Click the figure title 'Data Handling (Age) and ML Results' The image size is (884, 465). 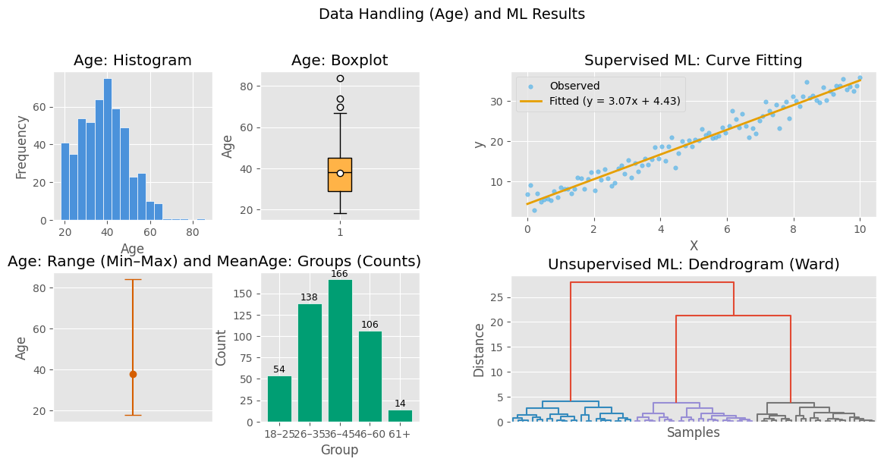[451, 14]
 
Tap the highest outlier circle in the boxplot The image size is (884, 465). [340, 78]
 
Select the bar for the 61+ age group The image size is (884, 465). [400, 416]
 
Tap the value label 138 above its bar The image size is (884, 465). [310, 297]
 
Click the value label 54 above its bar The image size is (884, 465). [279, 369]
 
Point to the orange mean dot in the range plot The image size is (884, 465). [133, 374]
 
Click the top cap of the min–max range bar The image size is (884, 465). [133, 280]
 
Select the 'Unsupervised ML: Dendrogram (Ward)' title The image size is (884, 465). [694, 265]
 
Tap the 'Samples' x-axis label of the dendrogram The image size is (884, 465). [694, 432]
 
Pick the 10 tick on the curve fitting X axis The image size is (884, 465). [860, 229]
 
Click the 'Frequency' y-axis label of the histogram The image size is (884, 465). [21, 147]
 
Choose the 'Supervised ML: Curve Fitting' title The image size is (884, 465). [694, 61]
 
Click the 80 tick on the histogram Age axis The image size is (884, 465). [193, 231]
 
